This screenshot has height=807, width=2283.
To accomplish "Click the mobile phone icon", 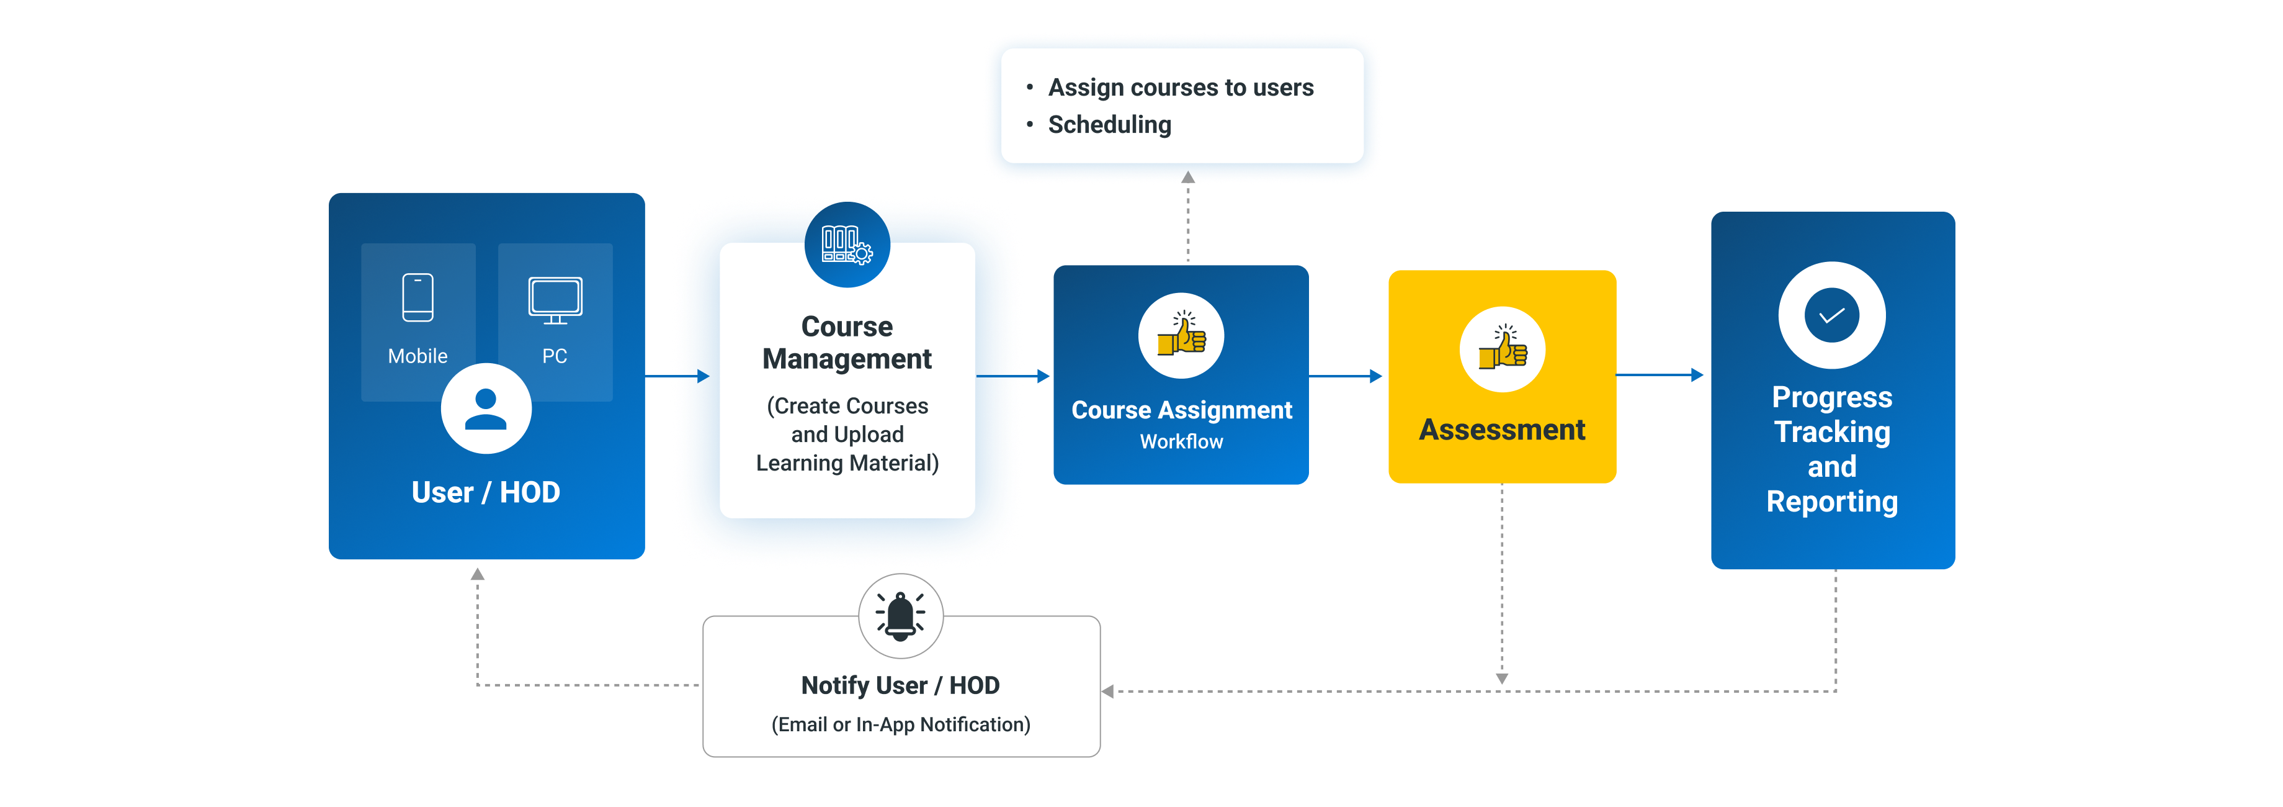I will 418,297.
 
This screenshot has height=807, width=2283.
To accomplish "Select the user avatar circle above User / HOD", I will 486,409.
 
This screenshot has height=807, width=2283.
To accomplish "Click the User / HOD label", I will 486,492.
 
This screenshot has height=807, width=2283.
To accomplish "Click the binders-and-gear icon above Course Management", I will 846,244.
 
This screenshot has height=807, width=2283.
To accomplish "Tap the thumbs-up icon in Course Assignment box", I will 1181,336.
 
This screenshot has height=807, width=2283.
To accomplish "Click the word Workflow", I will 1181,441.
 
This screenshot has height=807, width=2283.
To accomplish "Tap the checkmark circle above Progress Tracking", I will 1832,315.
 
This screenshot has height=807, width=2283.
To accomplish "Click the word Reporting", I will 1832,502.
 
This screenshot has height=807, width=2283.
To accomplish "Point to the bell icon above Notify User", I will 900,615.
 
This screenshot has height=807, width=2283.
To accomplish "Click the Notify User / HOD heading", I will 900,685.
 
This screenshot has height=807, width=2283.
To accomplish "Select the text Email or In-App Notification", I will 900,724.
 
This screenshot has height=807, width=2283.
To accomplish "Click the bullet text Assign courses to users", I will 1181,88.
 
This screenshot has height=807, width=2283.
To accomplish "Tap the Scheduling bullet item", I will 1110,125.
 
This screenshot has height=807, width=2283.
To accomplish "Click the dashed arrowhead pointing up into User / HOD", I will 478,575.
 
